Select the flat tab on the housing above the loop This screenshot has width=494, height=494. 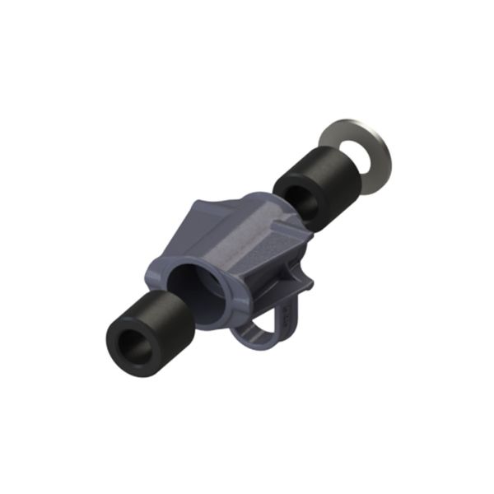point(301,284)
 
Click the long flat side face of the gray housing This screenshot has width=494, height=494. point(255,247)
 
